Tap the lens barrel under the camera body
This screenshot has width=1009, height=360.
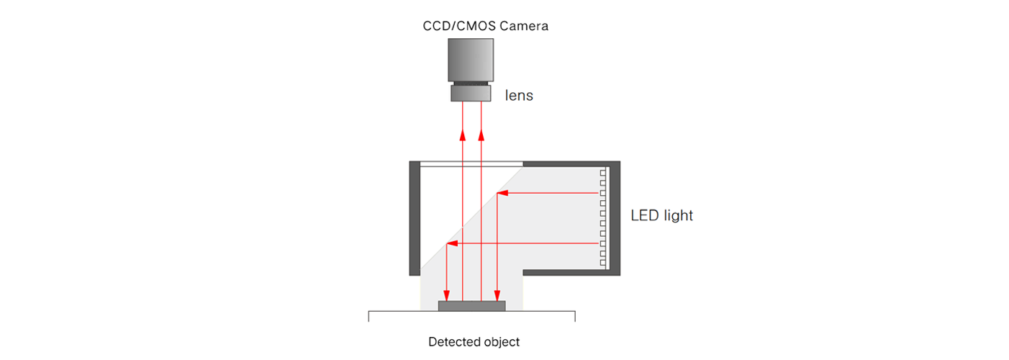(470, 93)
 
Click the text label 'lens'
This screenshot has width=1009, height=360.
(519, 95)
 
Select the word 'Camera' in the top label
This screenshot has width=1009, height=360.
(524, 26)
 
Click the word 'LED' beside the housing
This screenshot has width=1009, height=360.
(645, 215)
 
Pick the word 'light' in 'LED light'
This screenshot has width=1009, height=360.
(678, 215)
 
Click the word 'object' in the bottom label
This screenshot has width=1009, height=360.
(501, 342)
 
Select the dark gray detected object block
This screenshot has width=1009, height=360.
(471, 306)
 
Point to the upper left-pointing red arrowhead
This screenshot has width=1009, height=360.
(502, 193)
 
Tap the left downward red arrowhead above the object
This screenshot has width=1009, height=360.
(446, 295)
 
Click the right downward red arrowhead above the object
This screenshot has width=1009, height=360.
(497, 295)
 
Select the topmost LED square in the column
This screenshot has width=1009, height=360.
(603, 173)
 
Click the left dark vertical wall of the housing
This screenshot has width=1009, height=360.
(414, 218)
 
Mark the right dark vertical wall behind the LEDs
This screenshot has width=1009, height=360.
(615, 218)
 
